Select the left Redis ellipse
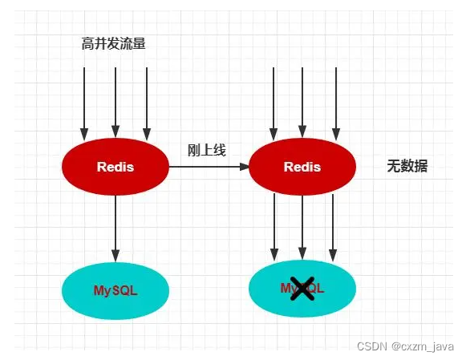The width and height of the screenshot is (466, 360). (115, 168)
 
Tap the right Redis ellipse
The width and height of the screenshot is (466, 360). (302, 168)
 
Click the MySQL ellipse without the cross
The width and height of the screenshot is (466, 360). (115, 290)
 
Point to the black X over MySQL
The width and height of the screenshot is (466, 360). (302, 289)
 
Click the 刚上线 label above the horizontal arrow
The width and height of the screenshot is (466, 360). (206, 150)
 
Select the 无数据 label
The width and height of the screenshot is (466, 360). (407, 167)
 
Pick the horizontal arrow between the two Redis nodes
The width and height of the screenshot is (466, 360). (209, 167)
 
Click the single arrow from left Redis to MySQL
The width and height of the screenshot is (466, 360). (115, 229)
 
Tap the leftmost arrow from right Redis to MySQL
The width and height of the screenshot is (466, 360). (275, 229)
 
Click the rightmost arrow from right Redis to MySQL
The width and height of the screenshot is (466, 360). (332, 229)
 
